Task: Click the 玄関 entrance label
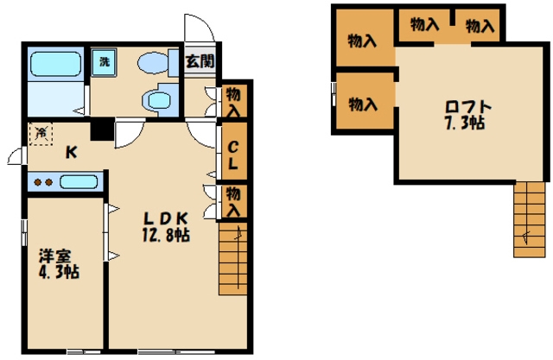[200, 61]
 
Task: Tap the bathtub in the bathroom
[55, 64]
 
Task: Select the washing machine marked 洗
[104, 62]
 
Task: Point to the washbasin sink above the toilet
[153, 63]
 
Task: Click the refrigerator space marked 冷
[41, 134]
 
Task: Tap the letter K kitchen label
[71, 153]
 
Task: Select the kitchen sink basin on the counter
[79, 182]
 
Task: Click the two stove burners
[43, 182]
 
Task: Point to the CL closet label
[232, 155]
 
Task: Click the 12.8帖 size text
[166, 235]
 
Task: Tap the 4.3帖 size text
[59, 272]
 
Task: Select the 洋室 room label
[55, 256]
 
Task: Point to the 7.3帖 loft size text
[465, 123]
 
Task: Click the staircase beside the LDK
[232, 258]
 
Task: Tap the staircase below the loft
[530, 219]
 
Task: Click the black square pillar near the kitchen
[102, 129]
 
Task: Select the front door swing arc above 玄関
[200, 27]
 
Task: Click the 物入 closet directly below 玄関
[232, 102]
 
